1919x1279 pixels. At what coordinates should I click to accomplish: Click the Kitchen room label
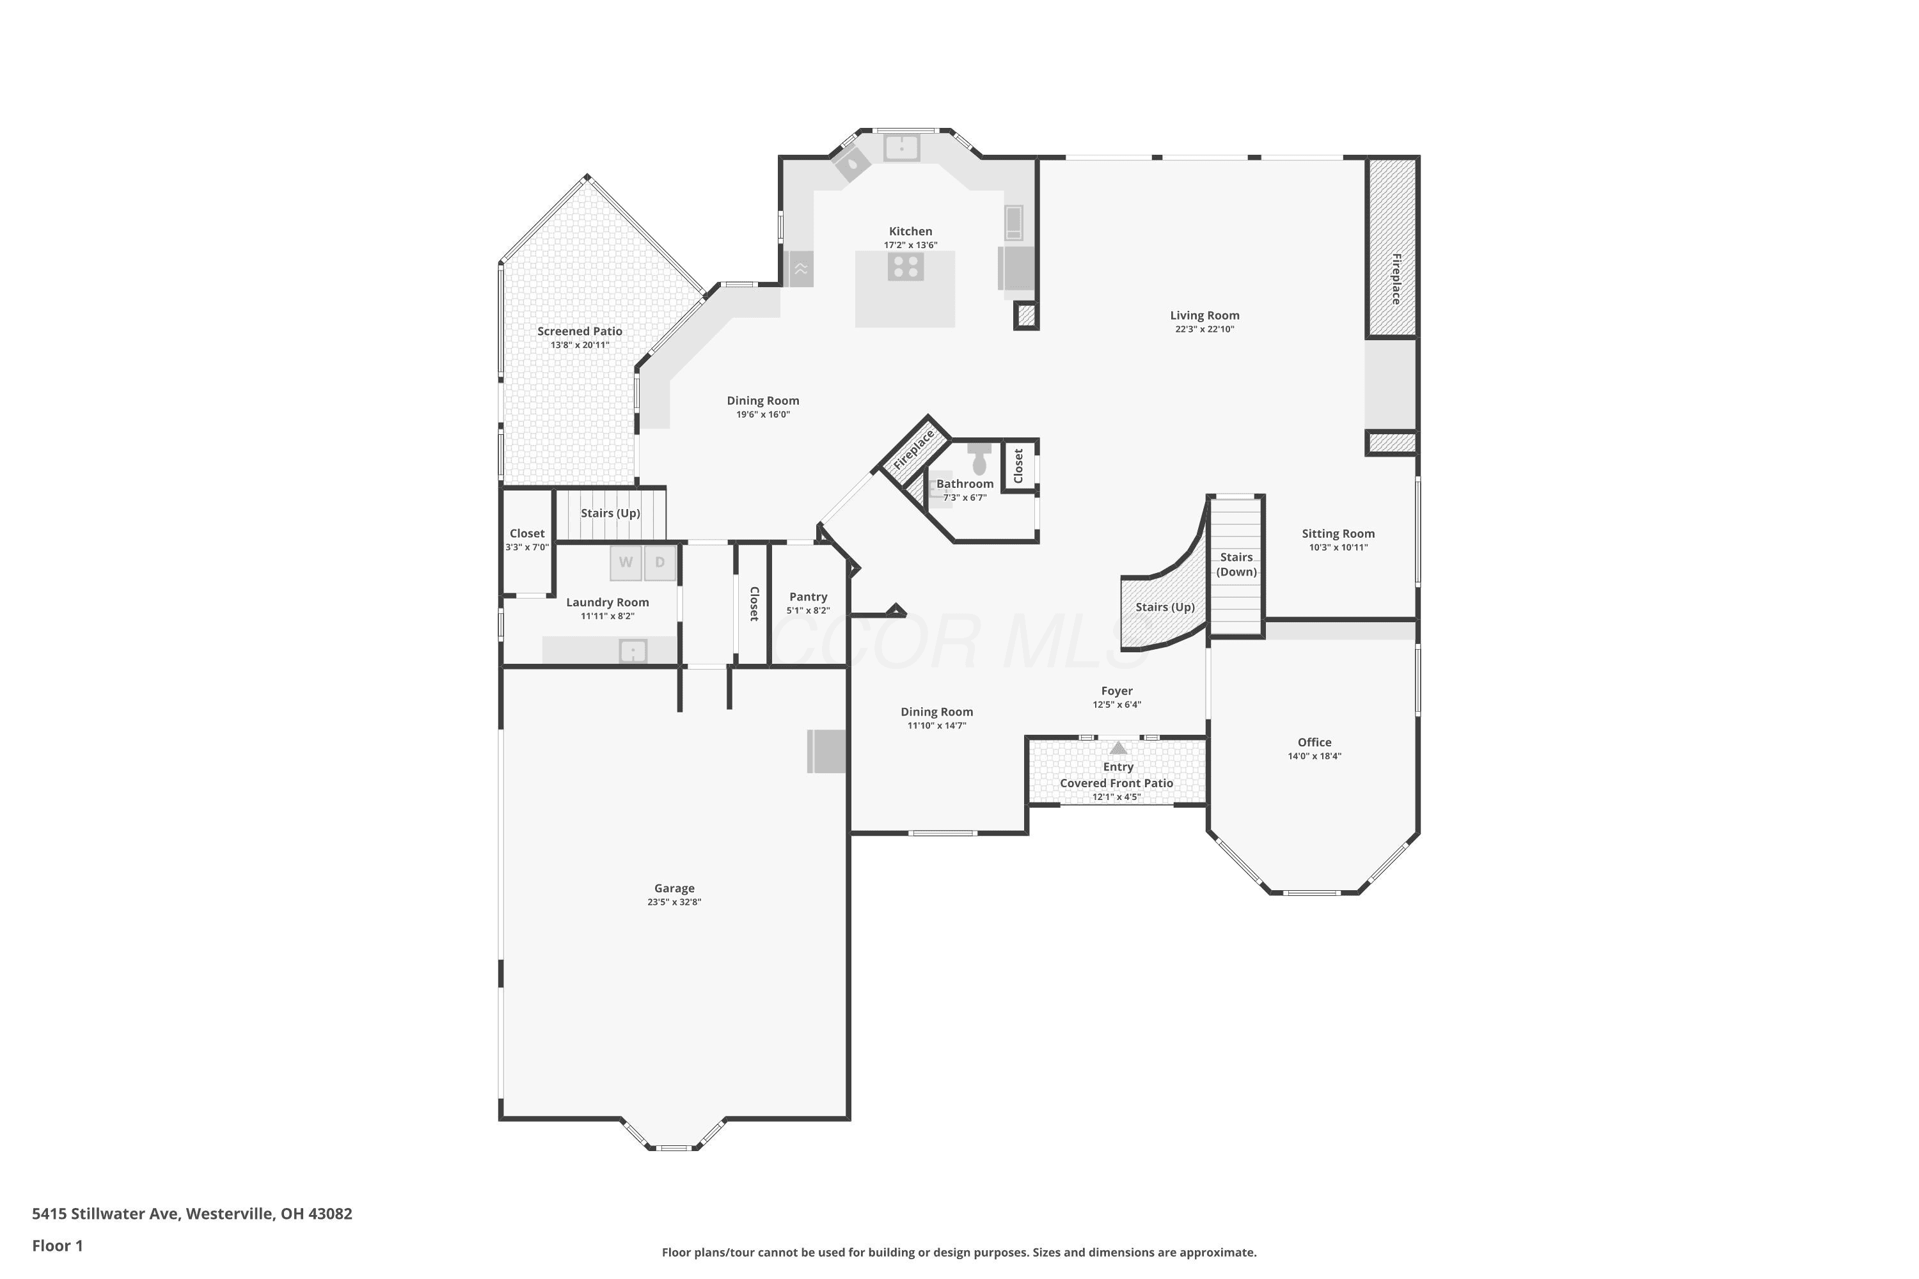(x=910, y=231)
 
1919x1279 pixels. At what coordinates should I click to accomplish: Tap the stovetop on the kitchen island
(x=906, y=267)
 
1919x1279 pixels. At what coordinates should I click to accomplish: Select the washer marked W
(x=626, y=563)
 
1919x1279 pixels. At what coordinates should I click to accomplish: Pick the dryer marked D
(x=660, y=563)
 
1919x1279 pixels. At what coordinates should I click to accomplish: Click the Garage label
(x=675, y=888)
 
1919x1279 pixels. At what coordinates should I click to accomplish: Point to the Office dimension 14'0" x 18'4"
(x=1315, y=756)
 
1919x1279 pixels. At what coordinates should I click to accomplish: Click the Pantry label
(x=809, y=597)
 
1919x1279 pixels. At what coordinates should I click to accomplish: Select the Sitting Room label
(x=1338, y=533)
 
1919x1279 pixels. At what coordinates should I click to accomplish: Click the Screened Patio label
(x=580, y=331)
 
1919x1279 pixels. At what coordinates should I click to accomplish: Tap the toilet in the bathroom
(x=980, y=459)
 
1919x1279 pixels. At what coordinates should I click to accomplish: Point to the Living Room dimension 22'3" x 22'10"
(x=1204, y=329)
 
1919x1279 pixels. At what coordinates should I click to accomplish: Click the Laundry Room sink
(x=633, y=651)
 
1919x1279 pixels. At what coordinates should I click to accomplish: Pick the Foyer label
(x=1117, y=691)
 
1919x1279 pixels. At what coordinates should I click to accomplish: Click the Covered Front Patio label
(x=1117, y=783)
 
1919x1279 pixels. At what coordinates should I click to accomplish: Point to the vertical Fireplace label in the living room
(x=1396, y=279)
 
